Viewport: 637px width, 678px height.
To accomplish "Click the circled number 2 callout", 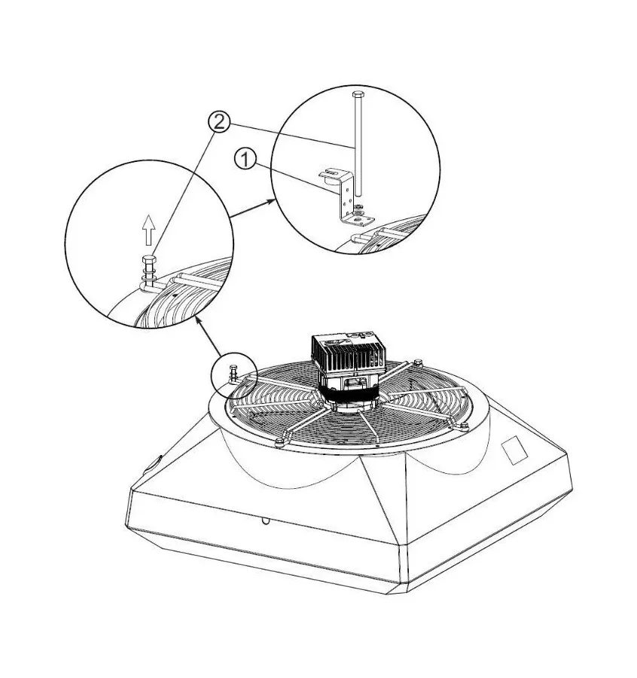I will [218, 121].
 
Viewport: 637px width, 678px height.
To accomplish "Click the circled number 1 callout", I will [245, 159].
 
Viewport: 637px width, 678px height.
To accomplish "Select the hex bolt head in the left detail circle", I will [148, 264].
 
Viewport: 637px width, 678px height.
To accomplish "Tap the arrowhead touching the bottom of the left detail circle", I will [197, 322].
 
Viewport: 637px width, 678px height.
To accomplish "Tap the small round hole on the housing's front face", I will [266, 520].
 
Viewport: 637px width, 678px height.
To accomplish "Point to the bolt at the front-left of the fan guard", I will [279, 441].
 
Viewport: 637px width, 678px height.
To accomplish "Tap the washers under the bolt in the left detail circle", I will [148, 282].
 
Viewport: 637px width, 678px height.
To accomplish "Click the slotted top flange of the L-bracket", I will [332, 174].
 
